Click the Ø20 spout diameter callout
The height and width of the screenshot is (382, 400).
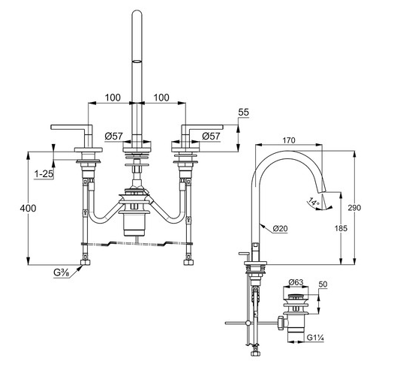click(x=281, y=227)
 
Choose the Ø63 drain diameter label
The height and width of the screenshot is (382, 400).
click(x=294, y=283)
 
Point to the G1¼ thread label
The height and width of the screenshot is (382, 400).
click(x=315, y=338)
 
